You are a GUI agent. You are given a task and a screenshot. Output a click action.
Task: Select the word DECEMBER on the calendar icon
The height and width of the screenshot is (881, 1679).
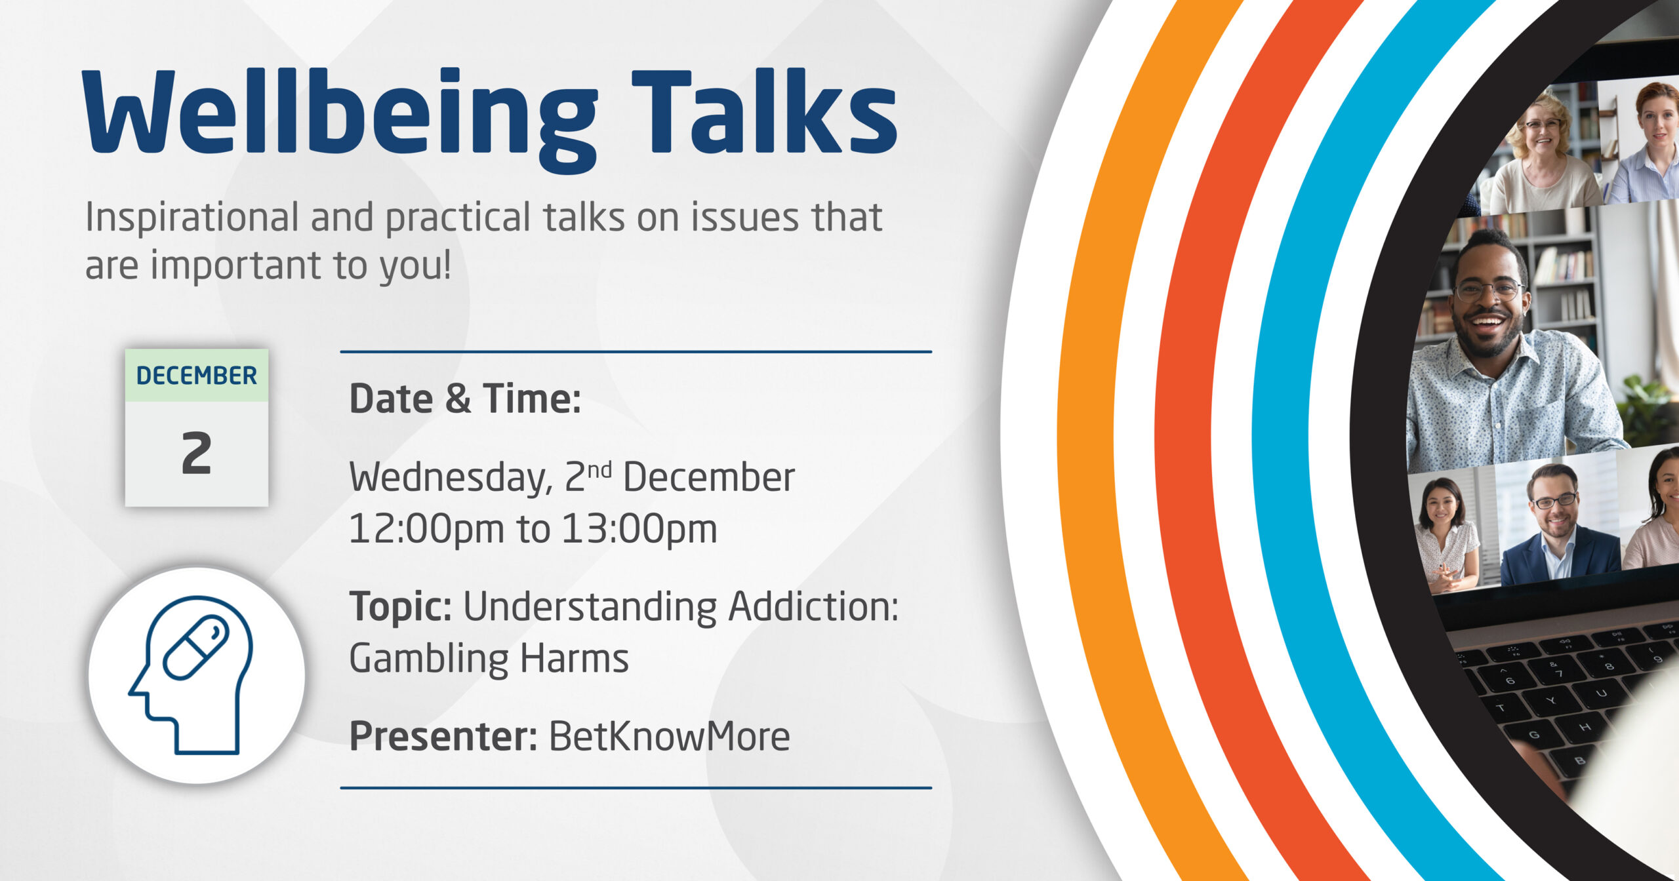(197, 376)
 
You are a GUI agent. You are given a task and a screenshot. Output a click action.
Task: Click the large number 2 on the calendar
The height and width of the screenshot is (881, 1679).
(196, 453)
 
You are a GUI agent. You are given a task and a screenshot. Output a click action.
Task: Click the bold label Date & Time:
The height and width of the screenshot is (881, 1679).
(465, 399)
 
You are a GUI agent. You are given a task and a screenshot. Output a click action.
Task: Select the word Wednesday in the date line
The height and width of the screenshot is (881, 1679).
(451, 478)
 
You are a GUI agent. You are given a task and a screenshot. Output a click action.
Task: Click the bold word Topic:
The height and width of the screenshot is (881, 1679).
(401, 607)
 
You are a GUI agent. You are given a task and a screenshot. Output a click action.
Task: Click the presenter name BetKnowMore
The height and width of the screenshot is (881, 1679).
(669, 736)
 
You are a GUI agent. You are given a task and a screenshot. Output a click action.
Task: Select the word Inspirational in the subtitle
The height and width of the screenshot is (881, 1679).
(192, 218)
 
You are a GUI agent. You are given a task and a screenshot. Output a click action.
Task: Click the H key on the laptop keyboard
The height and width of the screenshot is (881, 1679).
(1585, 727)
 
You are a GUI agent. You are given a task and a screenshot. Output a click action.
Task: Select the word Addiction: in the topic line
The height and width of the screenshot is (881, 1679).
(813, 607)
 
